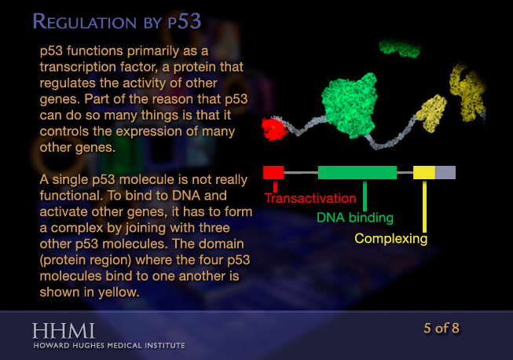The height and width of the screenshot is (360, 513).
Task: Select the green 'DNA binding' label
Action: pyautogui.click(x=354, y=218)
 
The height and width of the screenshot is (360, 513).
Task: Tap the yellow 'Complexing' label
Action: pyautogui.click(x=390, y=237)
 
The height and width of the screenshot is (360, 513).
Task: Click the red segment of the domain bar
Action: pyautogui.click(x=273, y=172)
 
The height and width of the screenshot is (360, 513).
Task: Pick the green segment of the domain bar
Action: pyautogui.click(x=357, y=172)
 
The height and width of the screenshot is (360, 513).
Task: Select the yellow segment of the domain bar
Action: pyautogui.click(x=423, y=172)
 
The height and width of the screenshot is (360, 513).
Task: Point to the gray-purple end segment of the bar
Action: pyautogui.click(x=445, y=172)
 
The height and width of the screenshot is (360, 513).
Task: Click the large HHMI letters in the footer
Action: pyautogui.click(x=64, y=329)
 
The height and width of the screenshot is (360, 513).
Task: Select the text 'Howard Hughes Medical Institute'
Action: pyautogui.click(x=109, y=344)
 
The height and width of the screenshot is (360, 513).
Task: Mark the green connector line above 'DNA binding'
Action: pyautogui.click(x=365, y=194)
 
